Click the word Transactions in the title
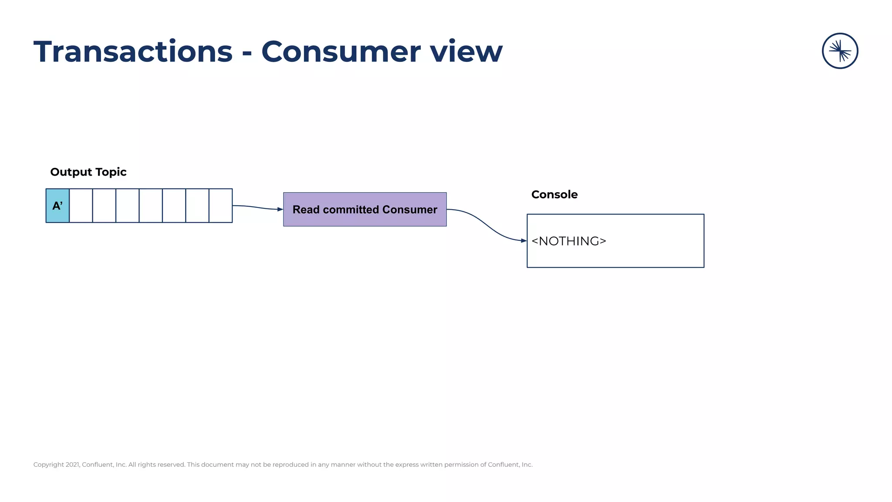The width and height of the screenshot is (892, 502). tap(133, 52)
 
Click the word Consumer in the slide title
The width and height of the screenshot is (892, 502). tap(341, 52)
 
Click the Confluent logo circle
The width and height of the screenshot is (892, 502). tap(840, 51)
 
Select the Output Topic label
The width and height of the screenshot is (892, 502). tap(88, 172)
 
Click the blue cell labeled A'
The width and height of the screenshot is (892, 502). tap(57, 206)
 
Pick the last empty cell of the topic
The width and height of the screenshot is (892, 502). tap(220, 206)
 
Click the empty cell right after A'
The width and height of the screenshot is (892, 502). tap(81, 206)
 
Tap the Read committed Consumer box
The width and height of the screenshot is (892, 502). tap(365, 210)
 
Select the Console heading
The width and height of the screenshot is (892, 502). tap(554, 195)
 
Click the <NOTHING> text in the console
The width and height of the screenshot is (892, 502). tap(568, 241)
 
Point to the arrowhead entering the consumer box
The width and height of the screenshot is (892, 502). tap(280, 210)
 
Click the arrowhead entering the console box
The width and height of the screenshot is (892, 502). tap(524, 241)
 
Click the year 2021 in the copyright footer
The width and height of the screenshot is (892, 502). tap(73, 465)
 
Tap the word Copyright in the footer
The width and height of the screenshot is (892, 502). tap(48, 465)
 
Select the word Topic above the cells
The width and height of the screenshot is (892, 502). tap(111, 172)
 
